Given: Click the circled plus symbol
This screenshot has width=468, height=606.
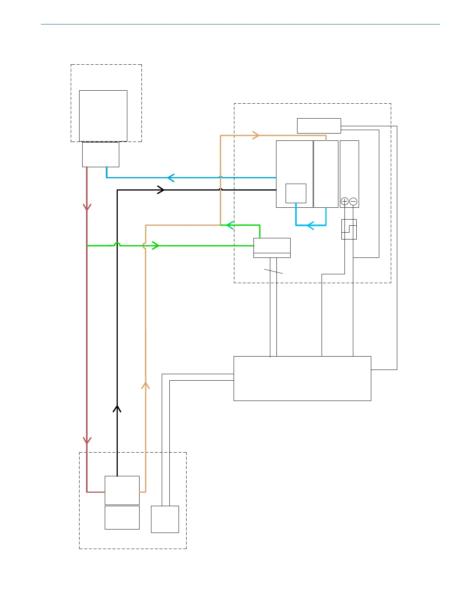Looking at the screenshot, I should coord(344,201).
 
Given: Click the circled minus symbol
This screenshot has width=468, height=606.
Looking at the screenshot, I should coord(353,201).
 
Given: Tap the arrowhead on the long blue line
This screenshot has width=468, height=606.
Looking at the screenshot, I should coord(171,178).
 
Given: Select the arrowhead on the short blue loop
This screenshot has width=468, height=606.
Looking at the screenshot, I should coord(310,225).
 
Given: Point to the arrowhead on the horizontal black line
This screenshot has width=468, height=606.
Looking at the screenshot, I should coord(161,190).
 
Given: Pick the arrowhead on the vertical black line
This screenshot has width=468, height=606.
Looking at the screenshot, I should coord(117,409).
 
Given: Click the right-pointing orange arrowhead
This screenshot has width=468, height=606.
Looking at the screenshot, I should coord(256,135).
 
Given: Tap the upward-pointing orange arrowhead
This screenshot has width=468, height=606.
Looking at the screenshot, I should coord(145,385).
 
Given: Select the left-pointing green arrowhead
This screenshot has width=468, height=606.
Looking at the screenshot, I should coord(229,225).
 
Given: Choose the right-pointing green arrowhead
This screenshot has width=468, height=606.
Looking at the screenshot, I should coord(155,245).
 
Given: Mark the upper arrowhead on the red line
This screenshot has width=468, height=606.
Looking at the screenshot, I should coord(87,207).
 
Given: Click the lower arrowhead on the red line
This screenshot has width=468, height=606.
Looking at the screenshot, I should coord(87,440).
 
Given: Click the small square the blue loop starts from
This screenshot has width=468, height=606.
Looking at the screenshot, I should coord(296,193).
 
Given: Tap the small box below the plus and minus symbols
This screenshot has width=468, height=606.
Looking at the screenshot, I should coord(349,229).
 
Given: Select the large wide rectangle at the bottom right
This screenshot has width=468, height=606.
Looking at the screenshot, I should coord(302,378).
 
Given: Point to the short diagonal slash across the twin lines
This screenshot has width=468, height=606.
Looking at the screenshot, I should coord(273,271).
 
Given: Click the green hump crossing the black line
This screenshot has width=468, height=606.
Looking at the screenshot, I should coord(117,244).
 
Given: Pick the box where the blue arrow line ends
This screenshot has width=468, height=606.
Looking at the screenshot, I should coord(101,155).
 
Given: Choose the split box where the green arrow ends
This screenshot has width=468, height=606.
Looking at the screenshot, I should coord(272,248).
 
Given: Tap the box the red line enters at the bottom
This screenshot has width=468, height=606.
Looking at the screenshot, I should coord(122,490).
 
